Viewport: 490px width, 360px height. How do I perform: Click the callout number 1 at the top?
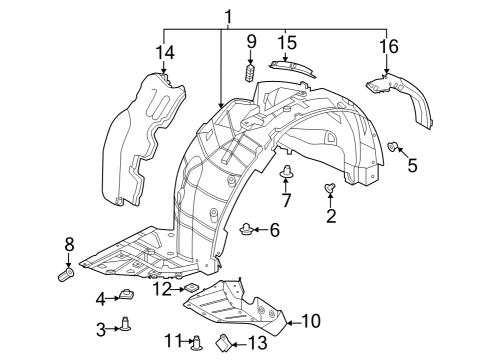click(228, 16)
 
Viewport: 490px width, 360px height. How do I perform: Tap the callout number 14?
click(163, 52)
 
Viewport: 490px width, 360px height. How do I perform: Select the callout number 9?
click(250, 43)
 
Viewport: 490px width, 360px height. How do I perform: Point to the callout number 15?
click(288, 43)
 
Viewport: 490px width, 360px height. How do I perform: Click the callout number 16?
click(387, 46)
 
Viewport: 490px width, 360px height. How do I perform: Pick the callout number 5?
click(411, 163)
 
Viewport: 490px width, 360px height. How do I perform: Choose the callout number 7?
click(286, 201)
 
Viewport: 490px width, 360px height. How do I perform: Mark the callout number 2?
click(331, 214)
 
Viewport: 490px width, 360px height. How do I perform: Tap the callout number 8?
click(69, 244)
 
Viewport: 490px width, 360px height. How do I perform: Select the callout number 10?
click(310, 321)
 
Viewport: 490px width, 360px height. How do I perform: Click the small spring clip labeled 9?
click(250, 73)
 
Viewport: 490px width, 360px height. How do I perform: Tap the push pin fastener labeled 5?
click(393, 148)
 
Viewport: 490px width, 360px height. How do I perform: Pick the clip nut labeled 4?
click(127, 295)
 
